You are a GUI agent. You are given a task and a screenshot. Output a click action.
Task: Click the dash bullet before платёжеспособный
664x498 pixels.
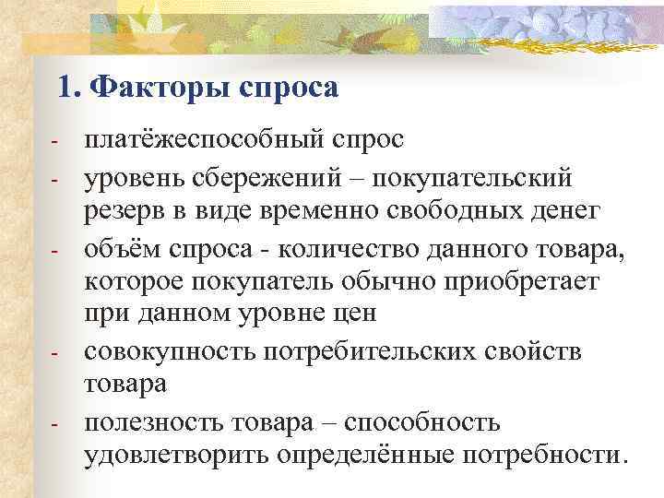(x=55, y=144)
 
